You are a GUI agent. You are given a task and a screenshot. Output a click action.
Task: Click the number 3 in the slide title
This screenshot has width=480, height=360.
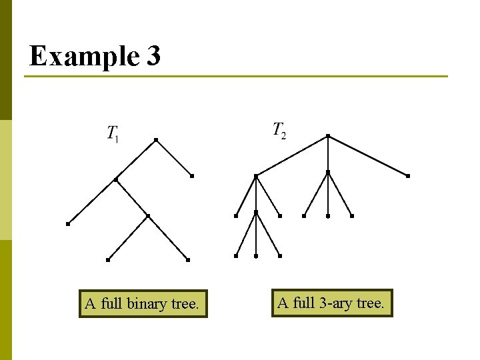tap(152, 56)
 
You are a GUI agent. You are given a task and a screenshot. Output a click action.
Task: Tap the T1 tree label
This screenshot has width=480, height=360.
tap(113, 133)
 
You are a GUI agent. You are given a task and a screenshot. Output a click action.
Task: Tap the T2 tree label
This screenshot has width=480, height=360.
tap(279, 130)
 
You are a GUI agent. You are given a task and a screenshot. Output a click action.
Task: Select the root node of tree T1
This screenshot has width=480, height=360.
tap(155, 139)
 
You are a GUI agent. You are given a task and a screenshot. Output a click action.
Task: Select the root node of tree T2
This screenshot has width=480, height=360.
tap(328, 136)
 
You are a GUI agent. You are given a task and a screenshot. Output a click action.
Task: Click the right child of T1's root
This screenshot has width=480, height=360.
tap(191, 176)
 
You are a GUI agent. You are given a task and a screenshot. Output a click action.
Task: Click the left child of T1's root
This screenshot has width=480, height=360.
tap(116, 179)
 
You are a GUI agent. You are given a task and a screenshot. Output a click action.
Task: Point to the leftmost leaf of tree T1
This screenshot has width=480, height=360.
tap(68, 224)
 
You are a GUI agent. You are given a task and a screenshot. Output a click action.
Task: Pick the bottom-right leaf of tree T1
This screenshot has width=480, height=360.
tap(188, 259)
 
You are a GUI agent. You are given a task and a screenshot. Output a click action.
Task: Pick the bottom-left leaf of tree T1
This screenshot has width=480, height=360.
tap(108, 259)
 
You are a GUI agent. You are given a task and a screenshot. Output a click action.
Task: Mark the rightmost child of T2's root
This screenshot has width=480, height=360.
tap(407, 176)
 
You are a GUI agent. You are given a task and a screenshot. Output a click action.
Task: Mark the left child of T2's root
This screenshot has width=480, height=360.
tap(256, 176)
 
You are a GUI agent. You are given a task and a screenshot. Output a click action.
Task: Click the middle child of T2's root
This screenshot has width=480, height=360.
tap(328, 172)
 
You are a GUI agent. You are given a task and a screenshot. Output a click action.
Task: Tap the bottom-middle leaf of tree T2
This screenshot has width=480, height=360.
tap(256, 256)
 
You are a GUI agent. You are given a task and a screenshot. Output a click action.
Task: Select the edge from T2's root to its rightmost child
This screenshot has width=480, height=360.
tap(368, 156)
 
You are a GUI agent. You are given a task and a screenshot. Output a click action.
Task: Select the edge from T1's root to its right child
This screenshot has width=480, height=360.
tap(173, 158)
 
